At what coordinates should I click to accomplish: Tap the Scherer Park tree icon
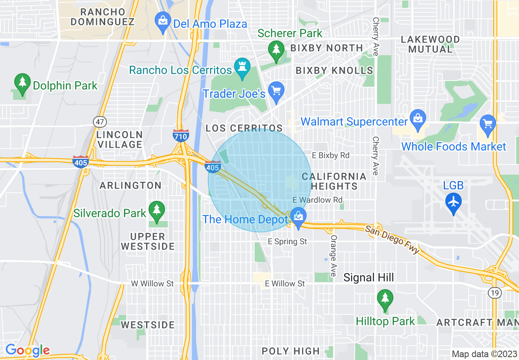(x=276, y=49)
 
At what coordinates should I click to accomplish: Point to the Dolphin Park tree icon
(x=23, y=82)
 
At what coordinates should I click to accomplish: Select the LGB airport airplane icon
(x=454, y=202)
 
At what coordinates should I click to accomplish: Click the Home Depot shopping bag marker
(x=298, y=215)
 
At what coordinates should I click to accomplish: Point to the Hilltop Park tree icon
(x=385, y=297)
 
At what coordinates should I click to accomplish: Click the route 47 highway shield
(x=99, y=122)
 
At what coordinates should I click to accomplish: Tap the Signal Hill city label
(x=368, y=278)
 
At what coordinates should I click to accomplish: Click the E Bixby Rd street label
(x=331, y=155)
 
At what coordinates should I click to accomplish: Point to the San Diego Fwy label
(x=393, y=239)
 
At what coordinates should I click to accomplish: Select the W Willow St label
(x=152, y=283)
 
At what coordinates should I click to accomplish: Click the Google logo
(x=27, y=350)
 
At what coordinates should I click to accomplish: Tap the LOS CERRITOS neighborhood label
(x=244, y=128)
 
